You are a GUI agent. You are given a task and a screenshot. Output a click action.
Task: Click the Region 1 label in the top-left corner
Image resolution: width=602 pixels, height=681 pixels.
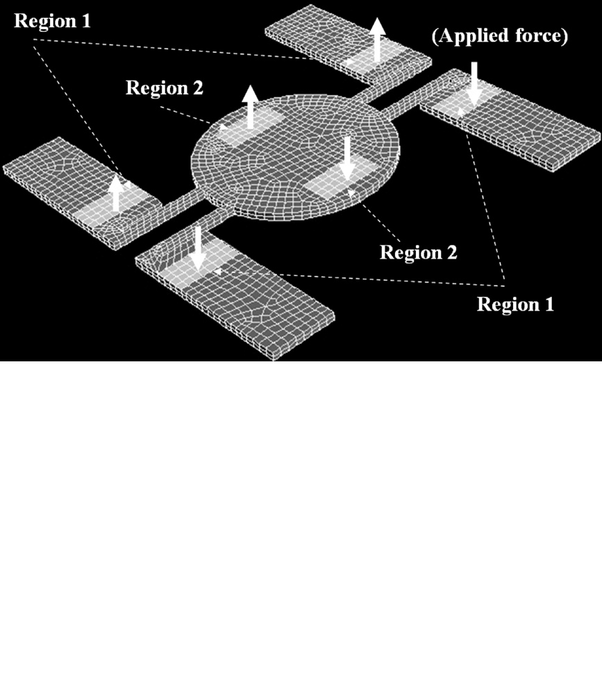[53, 21]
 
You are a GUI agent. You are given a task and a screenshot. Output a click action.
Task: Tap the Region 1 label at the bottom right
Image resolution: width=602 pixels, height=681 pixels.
[515, 304]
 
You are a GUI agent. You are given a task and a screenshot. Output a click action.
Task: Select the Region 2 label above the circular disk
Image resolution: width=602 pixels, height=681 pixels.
[165, 88]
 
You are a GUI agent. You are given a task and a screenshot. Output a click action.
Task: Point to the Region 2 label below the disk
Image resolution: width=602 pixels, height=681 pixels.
[419, 252]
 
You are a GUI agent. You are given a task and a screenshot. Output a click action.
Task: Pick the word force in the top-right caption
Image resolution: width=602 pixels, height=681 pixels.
[542, 35]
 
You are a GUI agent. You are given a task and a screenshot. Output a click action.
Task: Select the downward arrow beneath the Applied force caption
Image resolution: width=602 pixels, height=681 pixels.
[474, 84]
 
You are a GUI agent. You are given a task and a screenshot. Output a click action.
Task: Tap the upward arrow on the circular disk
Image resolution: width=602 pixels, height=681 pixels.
[250, 107]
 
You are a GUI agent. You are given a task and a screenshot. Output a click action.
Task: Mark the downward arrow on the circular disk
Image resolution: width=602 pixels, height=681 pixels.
[346, 158]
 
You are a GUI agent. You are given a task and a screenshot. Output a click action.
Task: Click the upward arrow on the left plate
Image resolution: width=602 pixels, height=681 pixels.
[116, 193]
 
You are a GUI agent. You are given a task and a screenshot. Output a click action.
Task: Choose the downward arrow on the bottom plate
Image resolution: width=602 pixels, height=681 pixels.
[198, 248]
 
